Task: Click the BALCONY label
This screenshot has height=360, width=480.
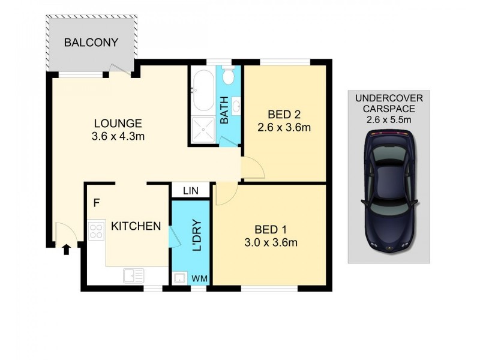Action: (91, 43)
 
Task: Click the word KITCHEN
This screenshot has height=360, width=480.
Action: (136, 226)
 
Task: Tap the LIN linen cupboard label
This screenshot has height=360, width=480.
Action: (190, 190)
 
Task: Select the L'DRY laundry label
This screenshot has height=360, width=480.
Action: (196, 238)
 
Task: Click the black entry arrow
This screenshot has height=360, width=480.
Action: (66, 248)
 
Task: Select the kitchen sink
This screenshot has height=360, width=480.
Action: (134, 275)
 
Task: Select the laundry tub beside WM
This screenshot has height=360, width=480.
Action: (179, 278)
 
